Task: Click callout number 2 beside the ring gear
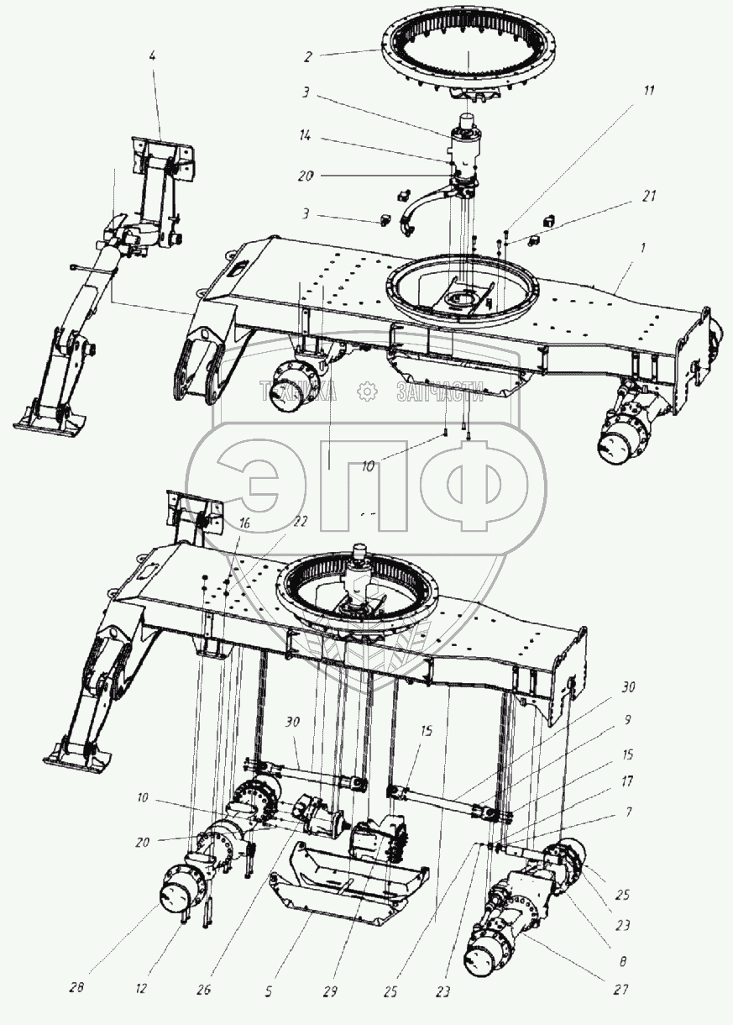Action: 308,57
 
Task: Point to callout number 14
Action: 306,134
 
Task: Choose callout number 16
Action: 243,523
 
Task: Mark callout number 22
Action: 300,521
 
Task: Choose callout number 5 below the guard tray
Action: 269,991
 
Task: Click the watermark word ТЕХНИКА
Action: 299,391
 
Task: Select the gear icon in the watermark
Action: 367,391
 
